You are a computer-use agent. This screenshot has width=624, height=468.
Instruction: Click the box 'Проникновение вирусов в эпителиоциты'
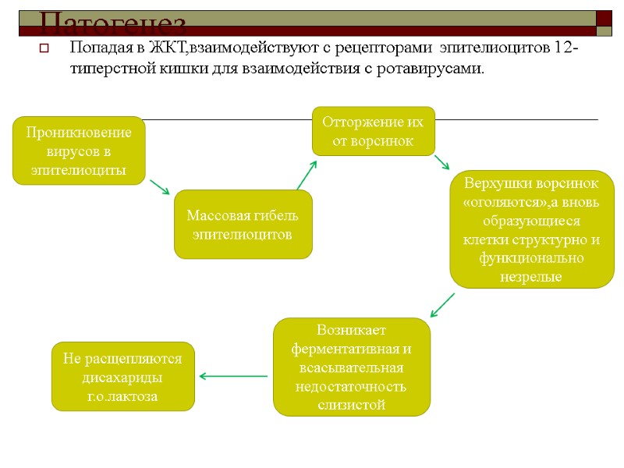79,151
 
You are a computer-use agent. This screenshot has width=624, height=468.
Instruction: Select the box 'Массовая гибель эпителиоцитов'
243,225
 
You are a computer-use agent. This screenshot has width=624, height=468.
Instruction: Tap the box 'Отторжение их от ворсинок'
373,131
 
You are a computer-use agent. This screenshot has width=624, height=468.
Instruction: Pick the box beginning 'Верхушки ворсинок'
531,229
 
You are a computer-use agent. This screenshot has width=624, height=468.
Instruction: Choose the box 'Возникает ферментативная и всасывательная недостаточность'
351,367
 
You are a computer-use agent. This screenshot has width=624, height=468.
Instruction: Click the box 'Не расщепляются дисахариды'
122,377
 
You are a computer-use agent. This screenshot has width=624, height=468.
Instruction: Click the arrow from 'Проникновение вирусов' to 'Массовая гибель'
159,186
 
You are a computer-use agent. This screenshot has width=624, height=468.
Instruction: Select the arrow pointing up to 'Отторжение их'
307,175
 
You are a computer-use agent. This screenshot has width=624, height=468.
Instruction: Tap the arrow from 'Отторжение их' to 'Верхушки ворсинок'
441,161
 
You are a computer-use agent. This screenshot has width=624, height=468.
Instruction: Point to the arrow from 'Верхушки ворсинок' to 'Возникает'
442,304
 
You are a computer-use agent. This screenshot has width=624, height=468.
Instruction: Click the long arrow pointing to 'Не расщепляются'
233,377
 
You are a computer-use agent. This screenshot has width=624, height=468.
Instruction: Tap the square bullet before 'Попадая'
44,49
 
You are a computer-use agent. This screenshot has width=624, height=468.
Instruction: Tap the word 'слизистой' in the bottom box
351,404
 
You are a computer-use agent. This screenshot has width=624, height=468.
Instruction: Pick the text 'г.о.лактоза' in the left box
122,396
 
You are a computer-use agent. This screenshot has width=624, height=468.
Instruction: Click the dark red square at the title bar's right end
604,23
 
